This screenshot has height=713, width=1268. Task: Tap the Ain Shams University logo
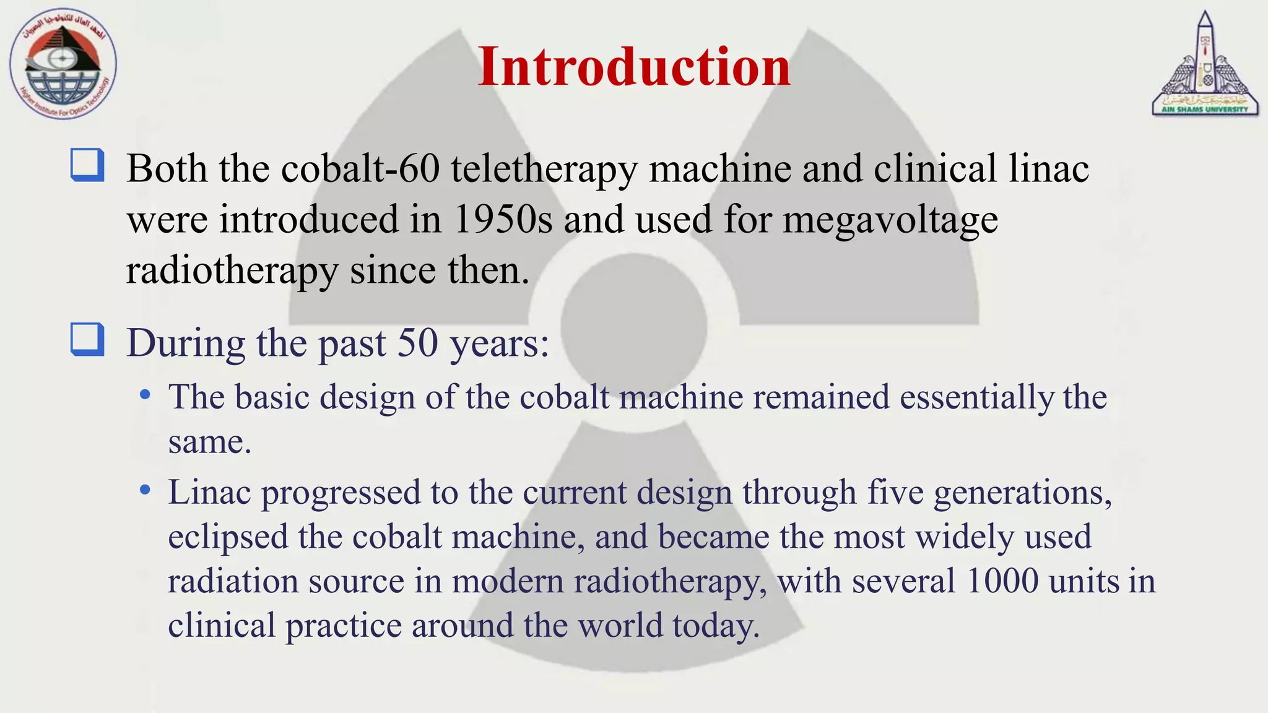tap(1205, 64)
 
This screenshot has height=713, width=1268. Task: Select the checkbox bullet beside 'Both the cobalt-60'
tap(87, 165)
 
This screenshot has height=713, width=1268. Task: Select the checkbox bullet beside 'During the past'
tap(87, 340)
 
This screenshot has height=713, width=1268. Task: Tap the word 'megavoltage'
tap(890, 220)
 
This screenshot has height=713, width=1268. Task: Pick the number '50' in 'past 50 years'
tap(417, 343)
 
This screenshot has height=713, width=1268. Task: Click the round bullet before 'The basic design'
tap(145, 395)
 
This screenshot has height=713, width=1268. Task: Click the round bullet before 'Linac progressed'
tap(145, 490)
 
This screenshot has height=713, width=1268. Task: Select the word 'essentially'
tap(977, 397)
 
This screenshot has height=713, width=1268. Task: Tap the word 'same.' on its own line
tap(209, 442)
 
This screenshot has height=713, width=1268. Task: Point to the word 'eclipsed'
tap(228, 537)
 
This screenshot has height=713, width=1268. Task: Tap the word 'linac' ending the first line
tap(1048, 168)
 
